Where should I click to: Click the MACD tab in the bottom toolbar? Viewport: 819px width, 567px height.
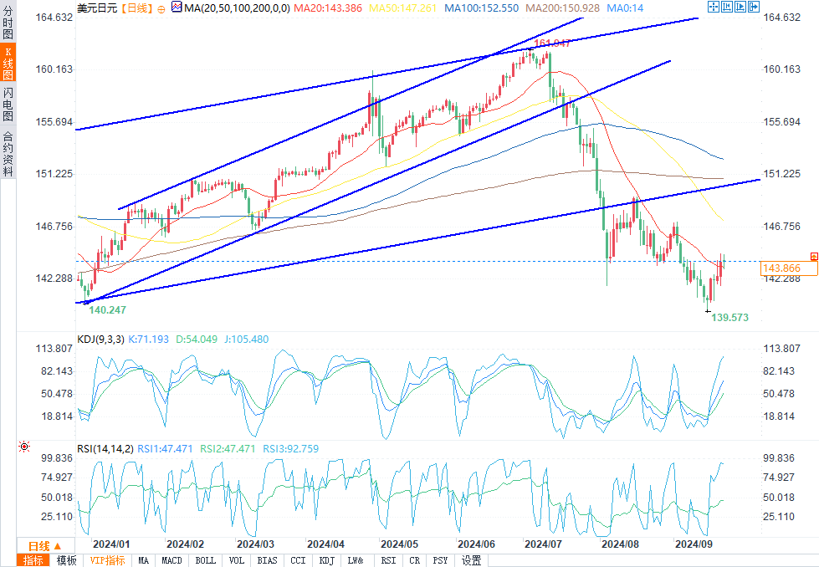[x=172, y=560]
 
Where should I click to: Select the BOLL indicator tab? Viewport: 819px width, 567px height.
[x=205, y=560]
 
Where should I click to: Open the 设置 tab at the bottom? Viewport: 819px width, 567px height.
[x=471, y=560]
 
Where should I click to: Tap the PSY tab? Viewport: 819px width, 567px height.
[x=440, y=560]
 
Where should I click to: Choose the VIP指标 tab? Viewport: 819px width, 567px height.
[x=107, y=560]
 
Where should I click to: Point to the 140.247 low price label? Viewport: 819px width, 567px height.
[x=107, y=309]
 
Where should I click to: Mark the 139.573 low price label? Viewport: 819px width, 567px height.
[x=729, y=318]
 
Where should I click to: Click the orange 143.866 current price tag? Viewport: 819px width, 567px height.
[x=781, y=268]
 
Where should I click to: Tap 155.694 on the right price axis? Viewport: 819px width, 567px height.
[x=783, y=122]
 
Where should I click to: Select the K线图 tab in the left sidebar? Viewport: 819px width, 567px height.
[x=8, y=63]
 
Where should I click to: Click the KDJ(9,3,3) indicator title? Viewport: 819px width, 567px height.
[x=100, y=340]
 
